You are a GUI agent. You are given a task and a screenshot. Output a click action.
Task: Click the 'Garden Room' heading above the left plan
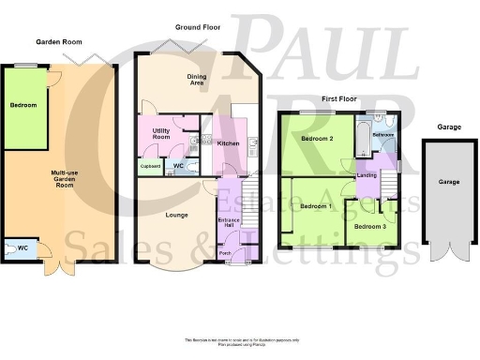point(58,42)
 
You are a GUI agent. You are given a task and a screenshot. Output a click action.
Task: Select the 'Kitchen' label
point(229,143)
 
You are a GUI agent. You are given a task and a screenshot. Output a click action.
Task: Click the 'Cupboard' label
point(151,166)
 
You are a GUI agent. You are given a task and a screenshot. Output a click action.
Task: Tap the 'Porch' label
point(225,253)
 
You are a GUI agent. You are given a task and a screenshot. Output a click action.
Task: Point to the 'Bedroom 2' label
point(318,139)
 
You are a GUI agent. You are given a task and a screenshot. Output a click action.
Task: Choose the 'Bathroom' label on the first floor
point(383,135)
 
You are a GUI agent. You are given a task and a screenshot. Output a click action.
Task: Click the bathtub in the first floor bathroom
point(364,141)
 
